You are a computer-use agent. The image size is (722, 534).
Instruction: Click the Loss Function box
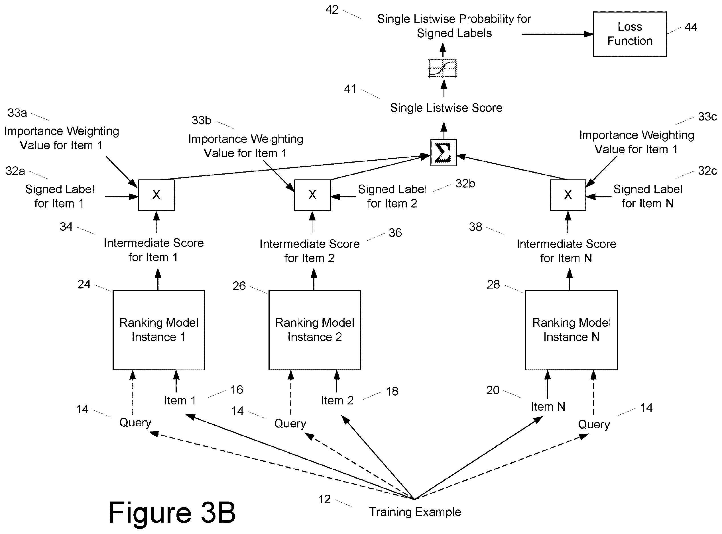click(x=629, y=34)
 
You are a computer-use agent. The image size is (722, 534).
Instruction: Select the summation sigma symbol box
click(x=443, y=153)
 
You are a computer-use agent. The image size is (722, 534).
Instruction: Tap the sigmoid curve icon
click(x=442, y=68)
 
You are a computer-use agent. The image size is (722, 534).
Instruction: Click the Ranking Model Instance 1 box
click(x=158, y=330)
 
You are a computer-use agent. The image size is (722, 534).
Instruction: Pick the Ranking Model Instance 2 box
click(x=314, y=330)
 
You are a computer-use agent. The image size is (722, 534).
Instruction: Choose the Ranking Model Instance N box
click(x=571, y=330)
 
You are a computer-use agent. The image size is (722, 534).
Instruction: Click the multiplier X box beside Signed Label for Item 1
click(x=156, y=195)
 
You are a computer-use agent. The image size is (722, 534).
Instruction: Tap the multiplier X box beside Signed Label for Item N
click(x=568, y=195)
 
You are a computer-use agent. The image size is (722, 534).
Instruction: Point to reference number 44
click(x=691, y=27)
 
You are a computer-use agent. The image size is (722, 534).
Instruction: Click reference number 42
click(x=332, y=10)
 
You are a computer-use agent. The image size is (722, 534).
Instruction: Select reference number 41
click(x=350, y=89)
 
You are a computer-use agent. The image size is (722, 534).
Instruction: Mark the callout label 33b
click(x=201, y=120)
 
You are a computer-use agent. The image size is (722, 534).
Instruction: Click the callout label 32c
click(x=707, y=171)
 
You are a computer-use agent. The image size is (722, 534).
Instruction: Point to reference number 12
click(x=324, y=499)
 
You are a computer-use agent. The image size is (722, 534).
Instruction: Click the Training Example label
click(x=415, y=512)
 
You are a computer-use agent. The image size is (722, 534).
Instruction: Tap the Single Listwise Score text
click(x=446, y=108)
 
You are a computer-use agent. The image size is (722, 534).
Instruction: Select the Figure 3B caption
click(x=172, y=512)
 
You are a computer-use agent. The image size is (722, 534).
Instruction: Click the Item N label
click(x=548, y=407)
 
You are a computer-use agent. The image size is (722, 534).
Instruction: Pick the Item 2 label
click(x=337, y=400)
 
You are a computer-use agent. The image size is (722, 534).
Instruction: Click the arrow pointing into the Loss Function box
click(x=557, y=34)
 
